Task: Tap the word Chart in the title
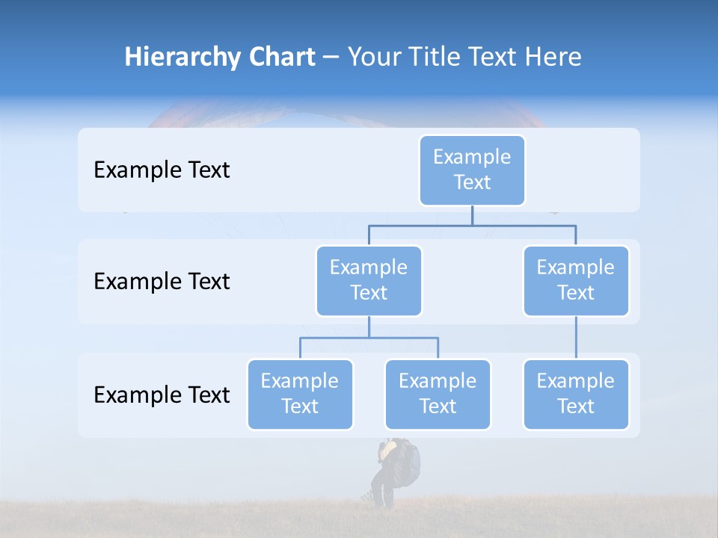pos(279,58)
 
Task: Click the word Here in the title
pos(553,58)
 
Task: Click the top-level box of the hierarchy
pos(472,170)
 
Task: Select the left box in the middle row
pos(369,280)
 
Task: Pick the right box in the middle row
pos(576,280)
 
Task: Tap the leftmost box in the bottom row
pos(300,394)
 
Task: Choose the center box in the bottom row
pos(438,394)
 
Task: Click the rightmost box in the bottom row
pos(576,394)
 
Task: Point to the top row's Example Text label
pos(162,170)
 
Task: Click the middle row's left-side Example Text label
pos(162,282)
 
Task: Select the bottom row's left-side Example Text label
pos(162,395)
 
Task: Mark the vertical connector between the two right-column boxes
pos(576,338)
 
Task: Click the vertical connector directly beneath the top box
pos(472,215)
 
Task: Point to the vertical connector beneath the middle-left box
pos(369,327)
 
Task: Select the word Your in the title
pos(372,58)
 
